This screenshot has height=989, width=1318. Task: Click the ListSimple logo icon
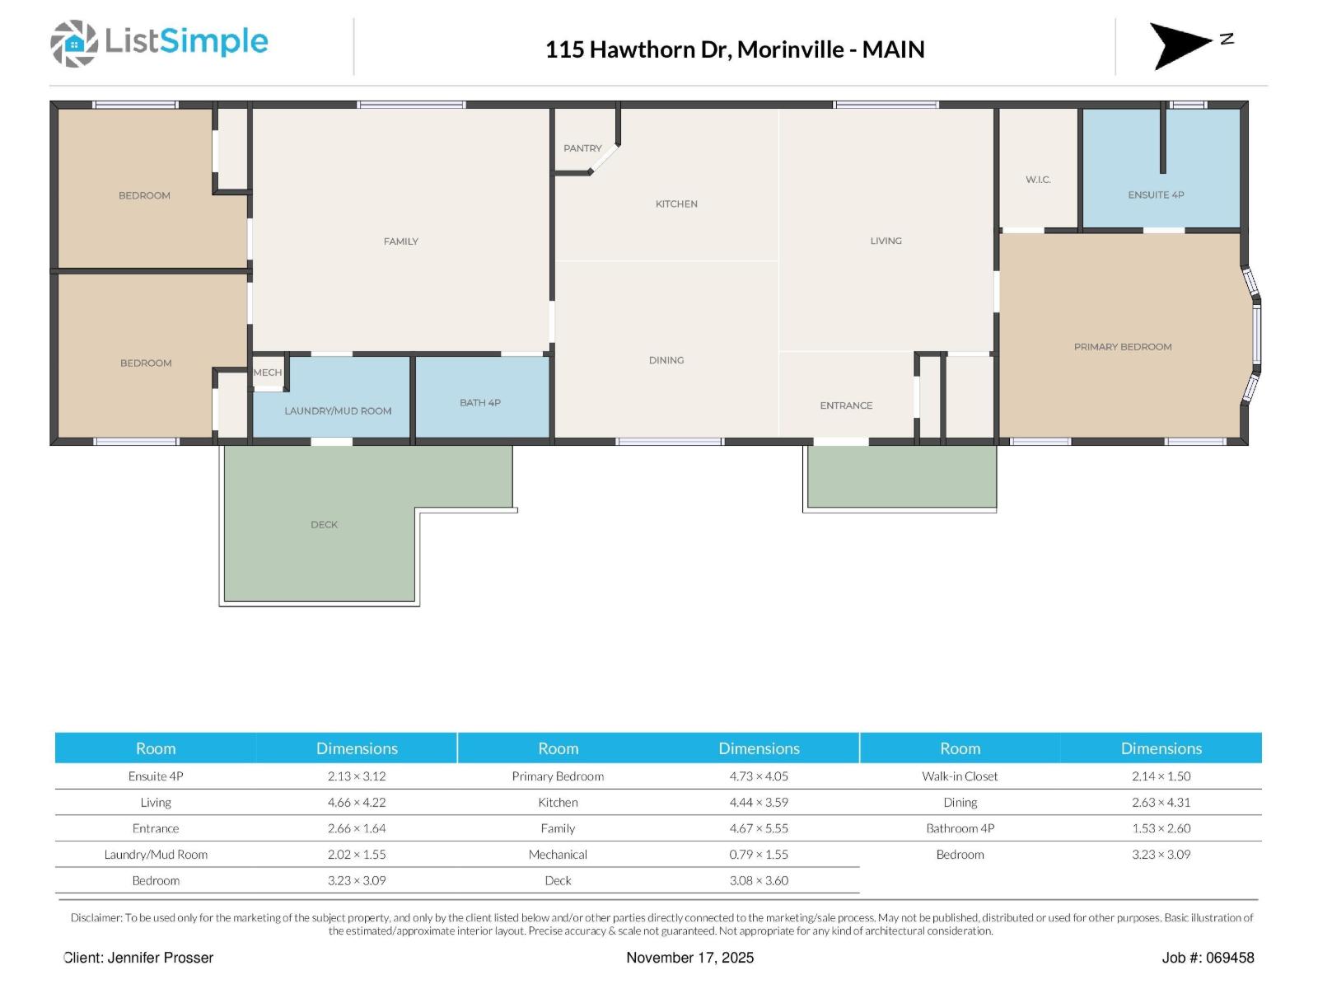[74, 43]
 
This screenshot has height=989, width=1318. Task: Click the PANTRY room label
[582, 148]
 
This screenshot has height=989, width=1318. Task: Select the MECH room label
[267, 373]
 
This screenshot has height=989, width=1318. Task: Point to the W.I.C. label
[1038, 180]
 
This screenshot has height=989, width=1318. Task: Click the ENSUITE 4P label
[1156, 195]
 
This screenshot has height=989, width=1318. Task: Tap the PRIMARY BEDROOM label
[1122, 347]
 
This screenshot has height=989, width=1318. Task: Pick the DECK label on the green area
[324, 525]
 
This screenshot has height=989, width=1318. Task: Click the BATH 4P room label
[480, 403]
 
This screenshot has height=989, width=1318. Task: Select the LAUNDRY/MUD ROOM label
[338, 411]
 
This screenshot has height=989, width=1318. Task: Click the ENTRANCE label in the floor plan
[846, 405]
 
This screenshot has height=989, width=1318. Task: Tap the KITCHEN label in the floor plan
[676, 204]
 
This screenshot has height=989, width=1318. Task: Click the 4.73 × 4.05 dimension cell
[759, 776]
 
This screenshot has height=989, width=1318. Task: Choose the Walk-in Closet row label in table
[960, 776]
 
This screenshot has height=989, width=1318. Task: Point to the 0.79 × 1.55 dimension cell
[759, 855]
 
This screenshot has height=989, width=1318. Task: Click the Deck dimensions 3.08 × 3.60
[759, 881]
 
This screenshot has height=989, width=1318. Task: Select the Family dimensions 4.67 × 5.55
[759, 828]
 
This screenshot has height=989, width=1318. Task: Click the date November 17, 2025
[689, 958]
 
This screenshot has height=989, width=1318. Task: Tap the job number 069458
[1230, 958]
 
